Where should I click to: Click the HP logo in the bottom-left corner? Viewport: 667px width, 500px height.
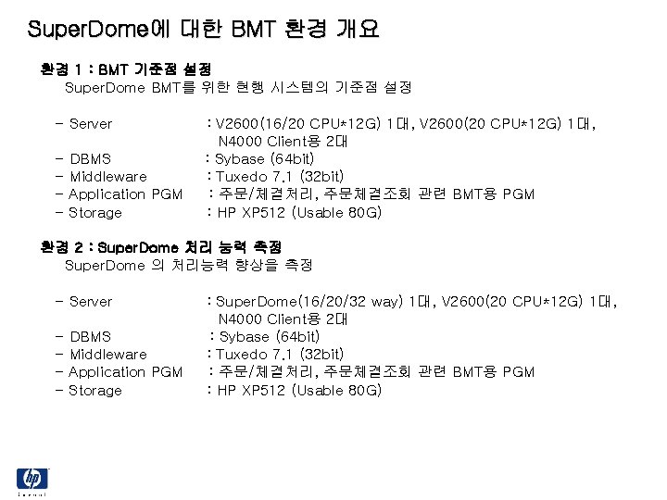coord(31,481)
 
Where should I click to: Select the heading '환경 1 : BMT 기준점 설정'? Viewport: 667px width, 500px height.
coord(126,69)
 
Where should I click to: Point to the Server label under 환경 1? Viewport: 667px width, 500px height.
coord(91,124)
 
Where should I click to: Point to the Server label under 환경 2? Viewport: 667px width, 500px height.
coord(91,302)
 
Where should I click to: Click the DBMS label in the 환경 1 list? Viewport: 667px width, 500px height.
coord(90,159)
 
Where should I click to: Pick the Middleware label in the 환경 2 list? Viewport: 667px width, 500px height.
coord(108,355)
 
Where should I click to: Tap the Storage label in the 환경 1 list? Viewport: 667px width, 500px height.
coord(95,213)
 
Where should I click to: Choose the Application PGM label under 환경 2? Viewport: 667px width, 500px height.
coord(126,372)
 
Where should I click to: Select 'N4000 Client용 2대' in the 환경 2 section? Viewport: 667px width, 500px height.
coord(283,319)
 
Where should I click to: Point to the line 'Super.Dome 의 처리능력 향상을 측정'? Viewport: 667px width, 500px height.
coord(189,266)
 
